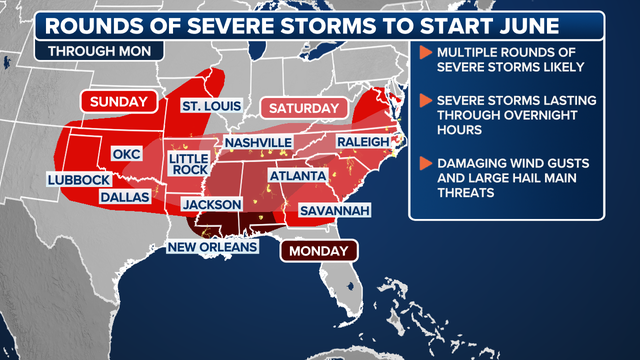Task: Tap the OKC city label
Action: pos(128,155)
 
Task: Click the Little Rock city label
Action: pos(189,165)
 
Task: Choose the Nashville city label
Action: pos(257,143)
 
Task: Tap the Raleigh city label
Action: pos(362,142)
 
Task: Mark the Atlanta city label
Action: pos(297,176)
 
